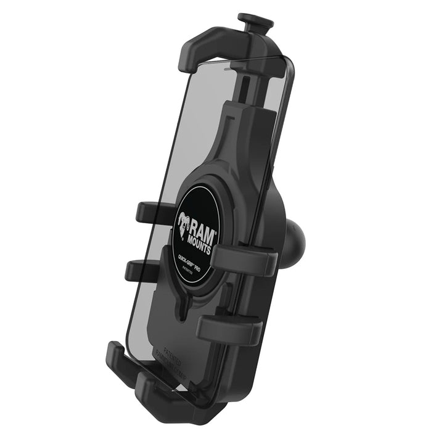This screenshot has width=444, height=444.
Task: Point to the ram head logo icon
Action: [x=183, y=226]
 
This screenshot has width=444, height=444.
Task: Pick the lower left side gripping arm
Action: [x=142, y=269]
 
